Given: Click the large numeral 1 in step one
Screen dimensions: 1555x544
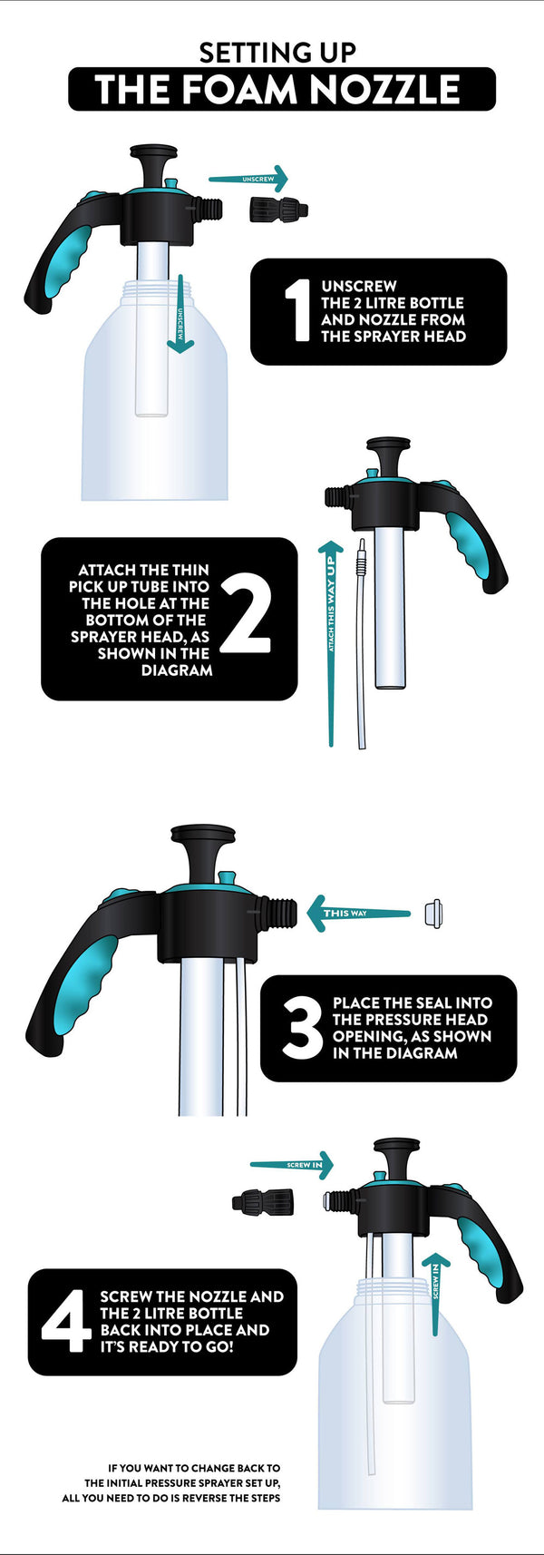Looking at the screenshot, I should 297,311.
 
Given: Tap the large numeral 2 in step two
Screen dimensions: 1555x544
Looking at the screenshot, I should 245,619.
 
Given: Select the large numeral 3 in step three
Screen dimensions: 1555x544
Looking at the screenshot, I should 302,1029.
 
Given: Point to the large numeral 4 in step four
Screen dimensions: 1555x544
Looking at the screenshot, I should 66,1321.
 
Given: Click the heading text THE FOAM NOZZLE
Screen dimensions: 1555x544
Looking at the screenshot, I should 281,90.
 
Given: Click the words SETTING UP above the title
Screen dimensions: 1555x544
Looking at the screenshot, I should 277,53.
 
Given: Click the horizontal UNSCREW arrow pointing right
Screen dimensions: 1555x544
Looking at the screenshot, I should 249,179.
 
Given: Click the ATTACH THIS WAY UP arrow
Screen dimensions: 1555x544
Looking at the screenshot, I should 331,635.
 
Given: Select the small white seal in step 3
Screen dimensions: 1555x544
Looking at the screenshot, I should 437,911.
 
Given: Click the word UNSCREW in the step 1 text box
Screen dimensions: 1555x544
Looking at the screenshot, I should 359,286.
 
